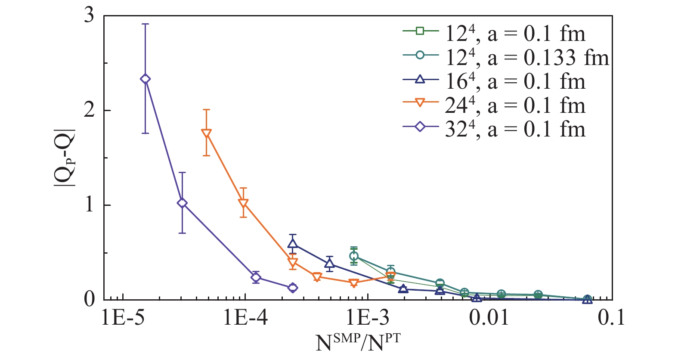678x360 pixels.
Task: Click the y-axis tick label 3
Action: [89, 16]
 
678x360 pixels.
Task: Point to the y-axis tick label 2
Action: [89, 110]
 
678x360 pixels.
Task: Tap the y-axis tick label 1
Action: [89, 205]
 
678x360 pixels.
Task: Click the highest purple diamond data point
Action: [146, 79]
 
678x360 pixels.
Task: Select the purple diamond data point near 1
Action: [182, 203]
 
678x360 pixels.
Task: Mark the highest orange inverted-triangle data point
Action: [207, 133]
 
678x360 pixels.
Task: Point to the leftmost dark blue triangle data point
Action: [293, 244]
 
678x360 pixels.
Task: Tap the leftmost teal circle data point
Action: [354, 256]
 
